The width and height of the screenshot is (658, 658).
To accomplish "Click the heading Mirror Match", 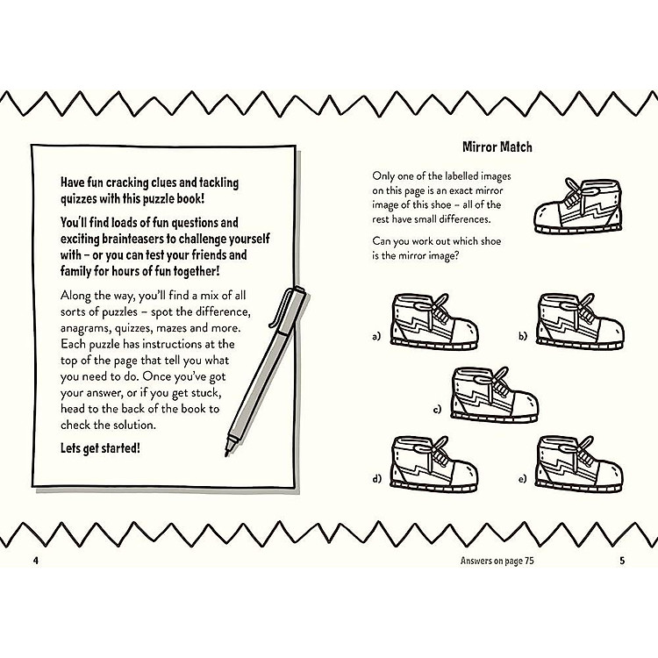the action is [497, 147].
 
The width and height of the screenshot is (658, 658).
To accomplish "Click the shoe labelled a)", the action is [434, 320].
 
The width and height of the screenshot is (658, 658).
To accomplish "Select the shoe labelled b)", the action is [581, 320].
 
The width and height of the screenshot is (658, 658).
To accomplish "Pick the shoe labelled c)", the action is [495, 395].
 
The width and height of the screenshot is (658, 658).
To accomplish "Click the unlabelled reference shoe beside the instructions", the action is [577, 205].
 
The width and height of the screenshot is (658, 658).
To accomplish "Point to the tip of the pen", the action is [226, 455].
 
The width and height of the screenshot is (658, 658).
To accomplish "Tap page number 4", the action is [36, 561].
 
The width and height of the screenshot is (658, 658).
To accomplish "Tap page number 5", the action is [622, 561].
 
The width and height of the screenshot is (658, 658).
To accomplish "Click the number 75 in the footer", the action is [529, 561].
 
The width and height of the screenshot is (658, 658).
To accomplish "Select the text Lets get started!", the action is [100, 448].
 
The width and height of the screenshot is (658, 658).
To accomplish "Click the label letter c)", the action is [437, 409].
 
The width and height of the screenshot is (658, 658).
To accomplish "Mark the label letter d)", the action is [377, 478].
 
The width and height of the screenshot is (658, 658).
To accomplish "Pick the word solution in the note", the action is [135, 426].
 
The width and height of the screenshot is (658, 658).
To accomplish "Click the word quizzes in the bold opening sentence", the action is [78, 199].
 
